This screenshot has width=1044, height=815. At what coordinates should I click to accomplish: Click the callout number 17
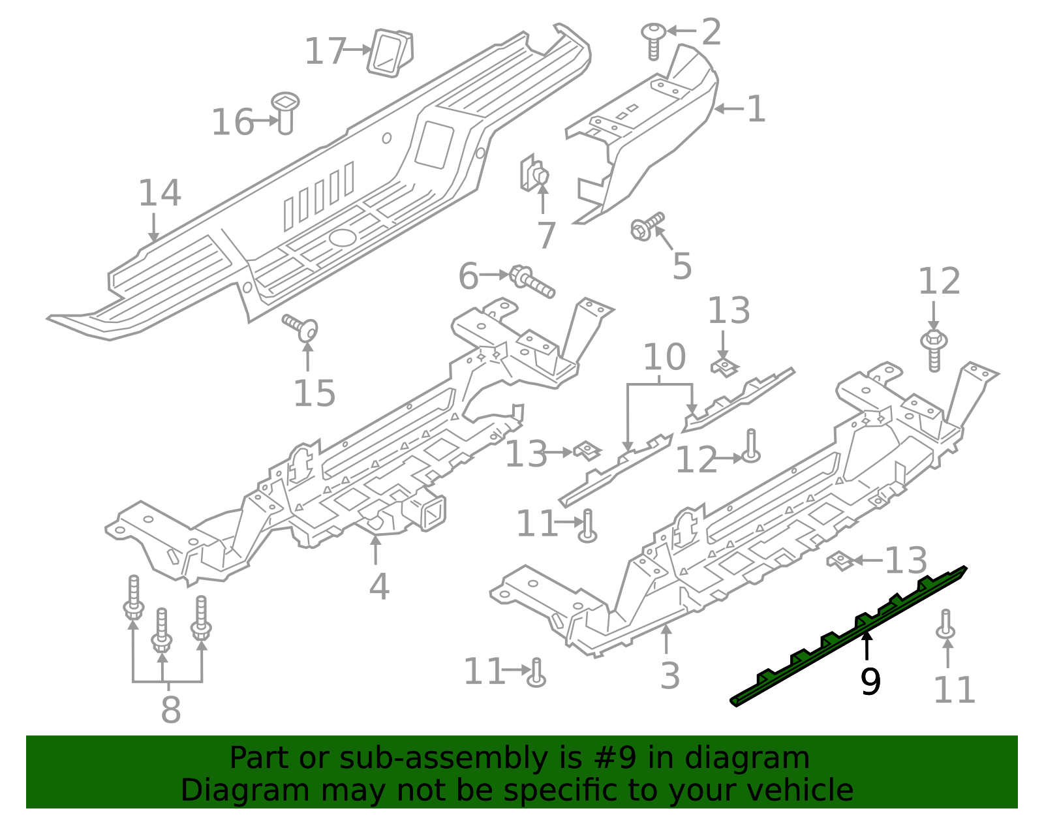point(325,51)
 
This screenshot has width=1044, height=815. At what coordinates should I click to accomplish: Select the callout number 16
point(232,122)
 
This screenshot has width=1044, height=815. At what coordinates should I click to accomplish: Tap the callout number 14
point(159,193)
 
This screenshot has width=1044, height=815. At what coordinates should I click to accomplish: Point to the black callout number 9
point(870,681)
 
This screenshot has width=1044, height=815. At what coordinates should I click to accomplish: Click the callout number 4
point(379,587)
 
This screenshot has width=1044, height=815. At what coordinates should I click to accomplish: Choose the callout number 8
point(170,709)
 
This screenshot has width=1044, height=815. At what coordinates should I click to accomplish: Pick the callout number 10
point(664,357)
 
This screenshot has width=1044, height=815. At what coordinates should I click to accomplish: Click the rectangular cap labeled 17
point(390,53)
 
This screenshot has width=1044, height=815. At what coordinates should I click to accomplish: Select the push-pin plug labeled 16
point(285,113)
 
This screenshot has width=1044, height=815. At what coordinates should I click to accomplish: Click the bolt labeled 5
point(647,226)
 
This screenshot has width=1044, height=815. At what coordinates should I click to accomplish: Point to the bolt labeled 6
point(531,281)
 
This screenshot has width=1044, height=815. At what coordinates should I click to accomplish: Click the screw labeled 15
point(301,328)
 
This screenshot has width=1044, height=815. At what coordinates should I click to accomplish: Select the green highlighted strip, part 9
point(849,636)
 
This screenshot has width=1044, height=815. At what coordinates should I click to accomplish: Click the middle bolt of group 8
point(162,630)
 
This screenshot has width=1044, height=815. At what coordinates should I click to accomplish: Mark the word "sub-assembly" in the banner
point(443,758)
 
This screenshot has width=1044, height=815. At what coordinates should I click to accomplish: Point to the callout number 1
point(756,109)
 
